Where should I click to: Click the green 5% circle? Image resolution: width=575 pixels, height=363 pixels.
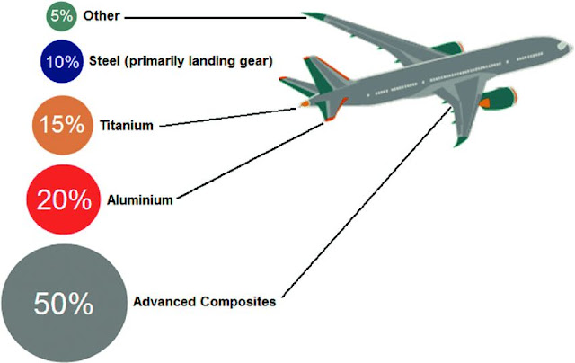pyautogui.click(x=63, y=16)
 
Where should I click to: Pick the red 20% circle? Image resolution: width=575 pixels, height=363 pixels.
pyautogui.click(x=62, y=200)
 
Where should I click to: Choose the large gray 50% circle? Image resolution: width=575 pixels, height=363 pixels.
pyautogui.click(x=63, y=303)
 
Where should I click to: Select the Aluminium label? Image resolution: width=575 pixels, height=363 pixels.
pyautogui.click(x=139, y=200)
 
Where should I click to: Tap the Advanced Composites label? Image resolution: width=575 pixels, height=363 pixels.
pyautogui.click(x=204, y=302)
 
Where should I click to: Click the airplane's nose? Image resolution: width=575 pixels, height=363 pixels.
pyautogui.click(x=568, y=47)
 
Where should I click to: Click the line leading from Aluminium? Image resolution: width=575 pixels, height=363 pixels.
pyautogui.click(x=252, y=162)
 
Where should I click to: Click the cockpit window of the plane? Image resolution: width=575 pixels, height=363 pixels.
pyautogui.click(x=559, y=41)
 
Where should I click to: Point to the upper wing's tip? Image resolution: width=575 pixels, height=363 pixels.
pyautogui.click(x=310, y=14)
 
